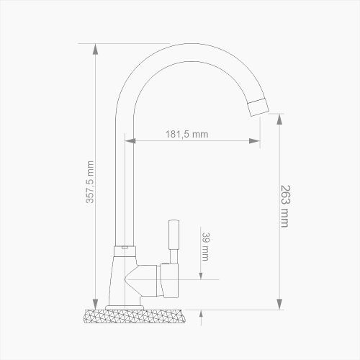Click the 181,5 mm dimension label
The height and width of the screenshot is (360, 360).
(x=186, y=134)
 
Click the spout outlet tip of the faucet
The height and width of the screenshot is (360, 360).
(x=259, y=107)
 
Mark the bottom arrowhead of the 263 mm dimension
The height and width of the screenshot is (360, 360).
(x=279, y=305)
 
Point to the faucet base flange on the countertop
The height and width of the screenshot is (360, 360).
(x=130, y=307)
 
